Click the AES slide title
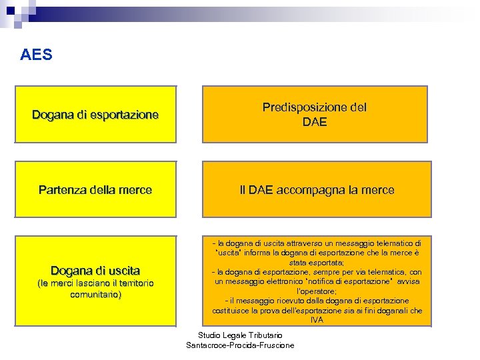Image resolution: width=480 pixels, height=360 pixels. pos(36,55)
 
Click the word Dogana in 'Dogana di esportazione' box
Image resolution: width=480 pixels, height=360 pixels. pos(52,115)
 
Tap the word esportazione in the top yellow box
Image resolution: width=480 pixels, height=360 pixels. pos(125,115)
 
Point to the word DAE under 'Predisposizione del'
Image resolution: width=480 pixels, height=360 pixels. pos(315,121)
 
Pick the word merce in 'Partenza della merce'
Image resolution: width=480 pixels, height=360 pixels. pos(136,190)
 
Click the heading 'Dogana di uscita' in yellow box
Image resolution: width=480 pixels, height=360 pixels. pos(95,271)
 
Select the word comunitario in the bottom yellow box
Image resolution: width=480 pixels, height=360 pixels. pos(95,294)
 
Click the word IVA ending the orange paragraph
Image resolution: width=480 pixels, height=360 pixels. pos(317,320)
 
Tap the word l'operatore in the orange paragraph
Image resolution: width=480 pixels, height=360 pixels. pos(317,291)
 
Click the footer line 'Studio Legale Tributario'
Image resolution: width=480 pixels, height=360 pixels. pos(241,335)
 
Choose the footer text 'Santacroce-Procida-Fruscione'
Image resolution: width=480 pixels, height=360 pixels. pos(241,345)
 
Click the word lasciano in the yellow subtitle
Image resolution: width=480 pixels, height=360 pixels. pos(88,283)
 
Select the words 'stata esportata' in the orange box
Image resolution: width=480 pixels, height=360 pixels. pos(317,263)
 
